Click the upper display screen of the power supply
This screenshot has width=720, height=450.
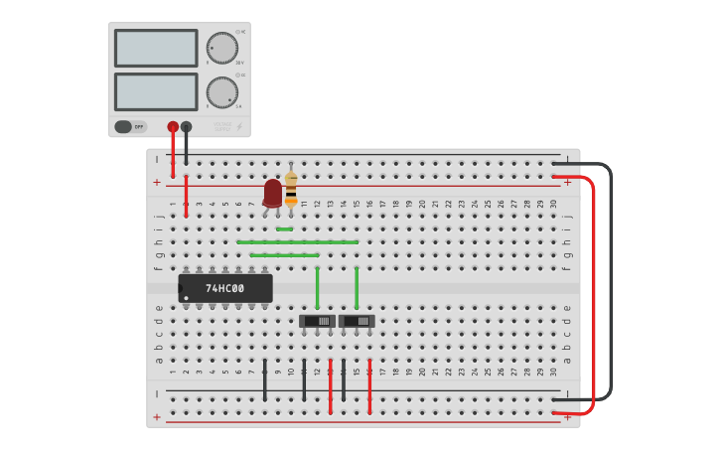pyautogui.click(x=156, y=48)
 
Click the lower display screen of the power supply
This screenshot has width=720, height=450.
pyautogui.click(x=156, y=91)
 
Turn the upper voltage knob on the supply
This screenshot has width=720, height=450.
pyautogui.click(x=221, y=48)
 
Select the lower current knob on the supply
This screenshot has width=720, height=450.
pyautogui.click(x=221, y=92)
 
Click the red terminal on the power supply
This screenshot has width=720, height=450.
pyautogui.click(x=173, y=126)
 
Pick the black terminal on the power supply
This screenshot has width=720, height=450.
pyautogui.click(x=186, y=126)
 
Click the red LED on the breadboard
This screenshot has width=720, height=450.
pyautogui.click(x=272, y=192)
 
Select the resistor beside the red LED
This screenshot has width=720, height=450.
pyautogui.click(x=291, y=187)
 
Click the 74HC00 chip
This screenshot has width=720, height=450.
pyautogui.click(x=225, y=288)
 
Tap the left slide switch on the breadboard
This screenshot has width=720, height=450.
pyautogui.click(x=317, y=321)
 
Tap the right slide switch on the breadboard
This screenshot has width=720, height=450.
pyautogui.click(x=357, y=321)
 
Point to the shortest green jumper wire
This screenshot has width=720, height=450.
pyautogui.click(x=284, y=228)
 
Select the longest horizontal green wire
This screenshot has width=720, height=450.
pyautogui.click(x=298, y=241)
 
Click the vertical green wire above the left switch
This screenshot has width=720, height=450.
pyautogui.click(x=317, y=288)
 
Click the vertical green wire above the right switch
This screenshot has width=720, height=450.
pyautogui.click(x=357, y=288)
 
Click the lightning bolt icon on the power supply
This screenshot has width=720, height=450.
pyautogui.click(x=238, y=126)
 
